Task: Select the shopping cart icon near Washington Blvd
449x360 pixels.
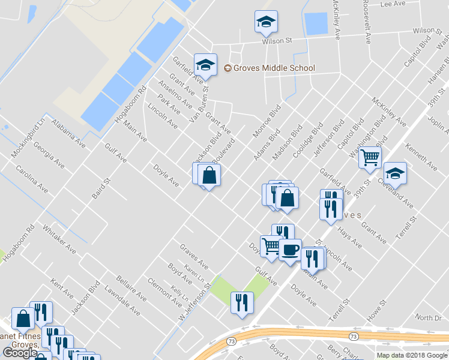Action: point(370,158)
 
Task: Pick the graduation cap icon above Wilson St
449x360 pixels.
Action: point(265,22)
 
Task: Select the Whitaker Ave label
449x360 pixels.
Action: point(59,238)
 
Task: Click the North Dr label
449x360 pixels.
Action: point(427,317)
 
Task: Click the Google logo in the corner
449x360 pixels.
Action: point(20,353)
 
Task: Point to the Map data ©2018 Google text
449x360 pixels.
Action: point(411,355)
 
